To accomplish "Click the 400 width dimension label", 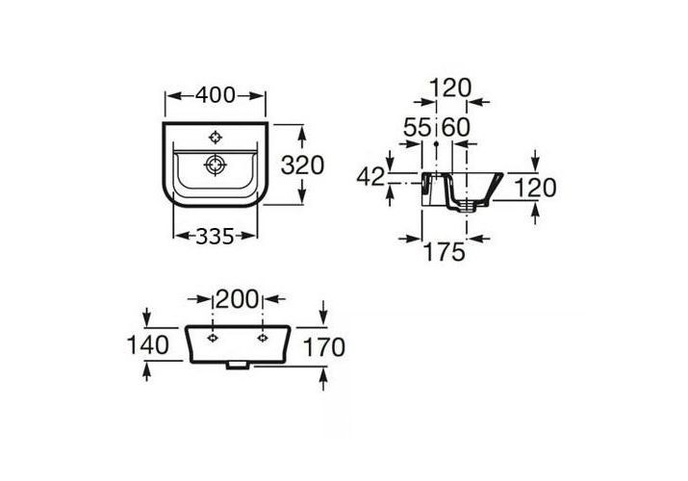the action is (215, 95).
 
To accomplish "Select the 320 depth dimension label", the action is (302, 165).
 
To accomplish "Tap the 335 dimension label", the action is (215, 237).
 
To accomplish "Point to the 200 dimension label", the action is (238, 299).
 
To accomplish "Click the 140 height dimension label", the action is (148, 344).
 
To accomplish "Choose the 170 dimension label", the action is (324, 347).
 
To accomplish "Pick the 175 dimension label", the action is (444, 252).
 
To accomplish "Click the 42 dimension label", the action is (370, 177).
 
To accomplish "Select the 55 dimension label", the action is (418, 128).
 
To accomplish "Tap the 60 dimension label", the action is (456, 128).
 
